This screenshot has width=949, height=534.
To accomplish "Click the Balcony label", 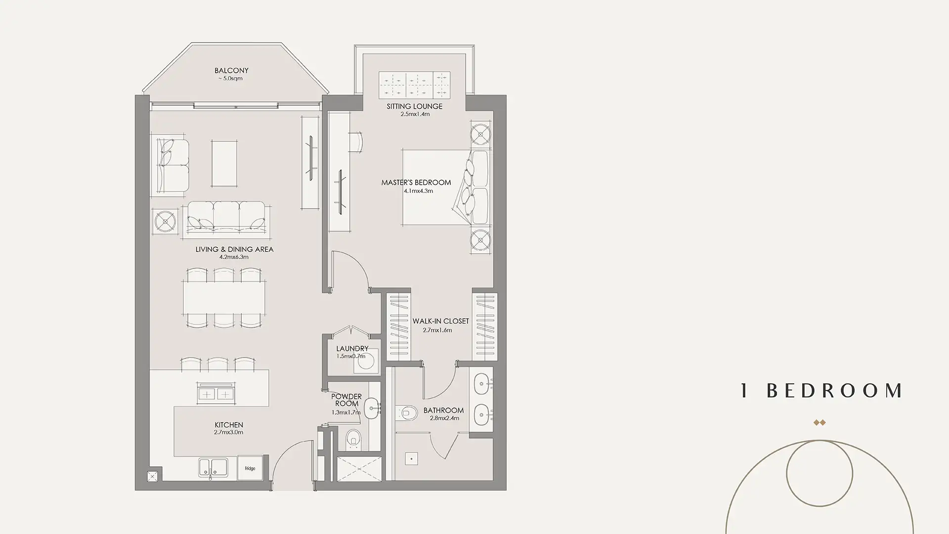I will coord(231,71).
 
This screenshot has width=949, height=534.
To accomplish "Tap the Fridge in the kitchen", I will coord(250,468).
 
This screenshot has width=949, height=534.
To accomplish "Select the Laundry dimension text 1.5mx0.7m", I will coord(351,356).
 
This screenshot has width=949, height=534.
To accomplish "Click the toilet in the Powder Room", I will coord(353,439).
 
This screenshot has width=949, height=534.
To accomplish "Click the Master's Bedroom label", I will coord(416,182).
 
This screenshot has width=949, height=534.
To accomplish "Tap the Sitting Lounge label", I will coord(415,106).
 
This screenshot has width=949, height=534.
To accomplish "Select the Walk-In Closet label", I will coord(440,321).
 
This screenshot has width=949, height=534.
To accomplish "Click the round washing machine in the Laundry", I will coord(366,363).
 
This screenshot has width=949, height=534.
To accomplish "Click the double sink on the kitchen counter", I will coord(213,468).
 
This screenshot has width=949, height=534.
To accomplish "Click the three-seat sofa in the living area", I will coord(225,220).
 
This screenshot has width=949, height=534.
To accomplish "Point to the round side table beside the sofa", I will coord(165,220).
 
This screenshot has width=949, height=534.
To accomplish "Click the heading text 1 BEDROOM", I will coord(821,391).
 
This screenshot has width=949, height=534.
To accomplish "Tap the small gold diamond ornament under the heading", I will coord(820,422).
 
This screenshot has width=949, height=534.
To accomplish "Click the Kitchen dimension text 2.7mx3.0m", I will coord(228,432).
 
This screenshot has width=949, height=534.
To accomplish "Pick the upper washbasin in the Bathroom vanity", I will coord(481,382).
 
